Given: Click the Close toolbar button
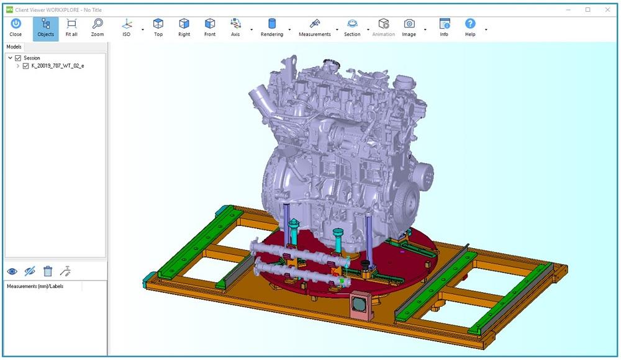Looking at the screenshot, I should pyautogui.click(x=16, y=27).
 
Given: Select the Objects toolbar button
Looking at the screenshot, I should pyautogui.click(x=45, y=27).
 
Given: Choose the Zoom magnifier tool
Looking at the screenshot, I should pyautogui.click(x=97, y=27).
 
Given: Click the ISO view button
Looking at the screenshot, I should pyautogui.click(x=127, y=27).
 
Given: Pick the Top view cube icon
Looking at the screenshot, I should pyautogui.click(x=158, y=27).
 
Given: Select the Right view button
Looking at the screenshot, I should pyautogui.click(x=184, y=27).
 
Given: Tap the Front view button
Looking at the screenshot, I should pyautogui.click(x=210, y=27).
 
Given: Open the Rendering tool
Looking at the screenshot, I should pyautogui.click(x=271, y=27).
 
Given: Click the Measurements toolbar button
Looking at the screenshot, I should pyautogui.click(x=315, y=27).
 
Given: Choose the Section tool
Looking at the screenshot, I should pyautogui.click(x=352, y=27).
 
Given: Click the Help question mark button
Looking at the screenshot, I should pyautogui.click(x=470, y=27).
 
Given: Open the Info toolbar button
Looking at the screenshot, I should pyautogui.click(x=444, y=27).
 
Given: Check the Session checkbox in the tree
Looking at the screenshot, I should pyautogui.click(x=18, y=58).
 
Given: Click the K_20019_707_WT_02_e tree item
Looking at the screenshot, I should pyautogui.click(x=58, y=66).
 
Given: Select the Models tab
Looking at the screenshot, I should pyautogui.click(x=14, y=47).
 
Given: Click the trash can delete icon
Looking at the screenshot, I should pyautogui.click(x=48, y=271).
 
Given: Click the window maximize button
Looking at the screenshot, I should pyautogui.click(x=587, y=9).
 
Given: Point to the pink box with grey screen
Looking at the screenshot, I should pyautogui.click(x=359, y=304).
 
